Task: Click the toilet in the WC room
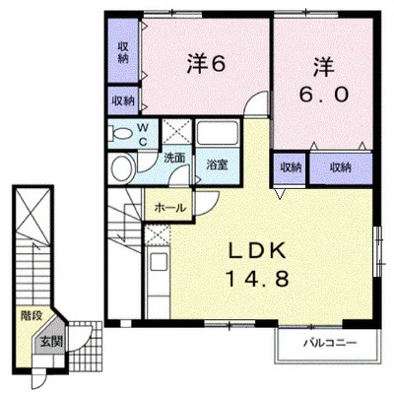[x=120, y=134]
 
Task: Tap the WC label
[x=143, y=135]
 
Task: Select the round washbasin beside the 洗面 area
[x=122, y=168]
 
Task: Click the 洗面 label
[x=174, y=158]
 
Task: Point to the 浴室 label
[x=217, y=165]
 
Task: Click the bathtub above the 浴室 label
[x=217, y=133]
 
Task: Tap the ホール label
[x=170, y=208]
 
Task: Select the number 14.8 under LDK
[x=257, y=279]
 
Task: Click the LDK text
[x=257, y=251]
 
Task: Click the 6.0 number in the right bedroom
[x=323, y=95]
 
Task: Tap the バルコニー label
[x=330, y=344]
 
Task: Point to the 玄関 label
[x=51, y=342]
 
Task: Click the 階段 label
[x=32, y=316]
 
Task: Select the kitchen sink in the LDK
[x=159, y=262]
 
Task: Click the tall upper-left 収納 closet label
[x=123, y=52]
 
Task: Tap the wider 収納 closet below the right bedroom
[x=341, y=167]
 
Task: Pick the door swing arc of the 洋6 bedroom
[x=255, y=101]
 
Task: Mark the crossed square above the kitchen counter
[x=158, y=235]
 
